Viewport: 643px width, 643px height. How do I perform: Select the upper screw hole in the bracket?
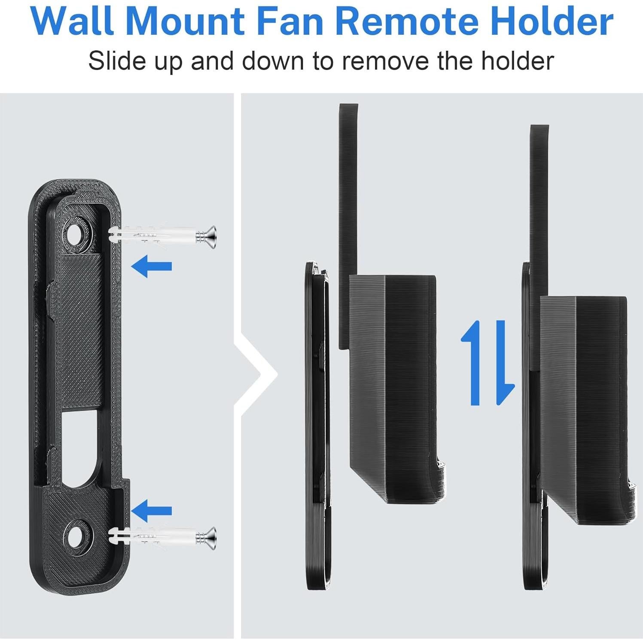tap(78, 234)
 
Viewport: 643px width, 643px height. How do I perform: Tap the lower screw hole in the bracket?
tap(78, 535)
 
